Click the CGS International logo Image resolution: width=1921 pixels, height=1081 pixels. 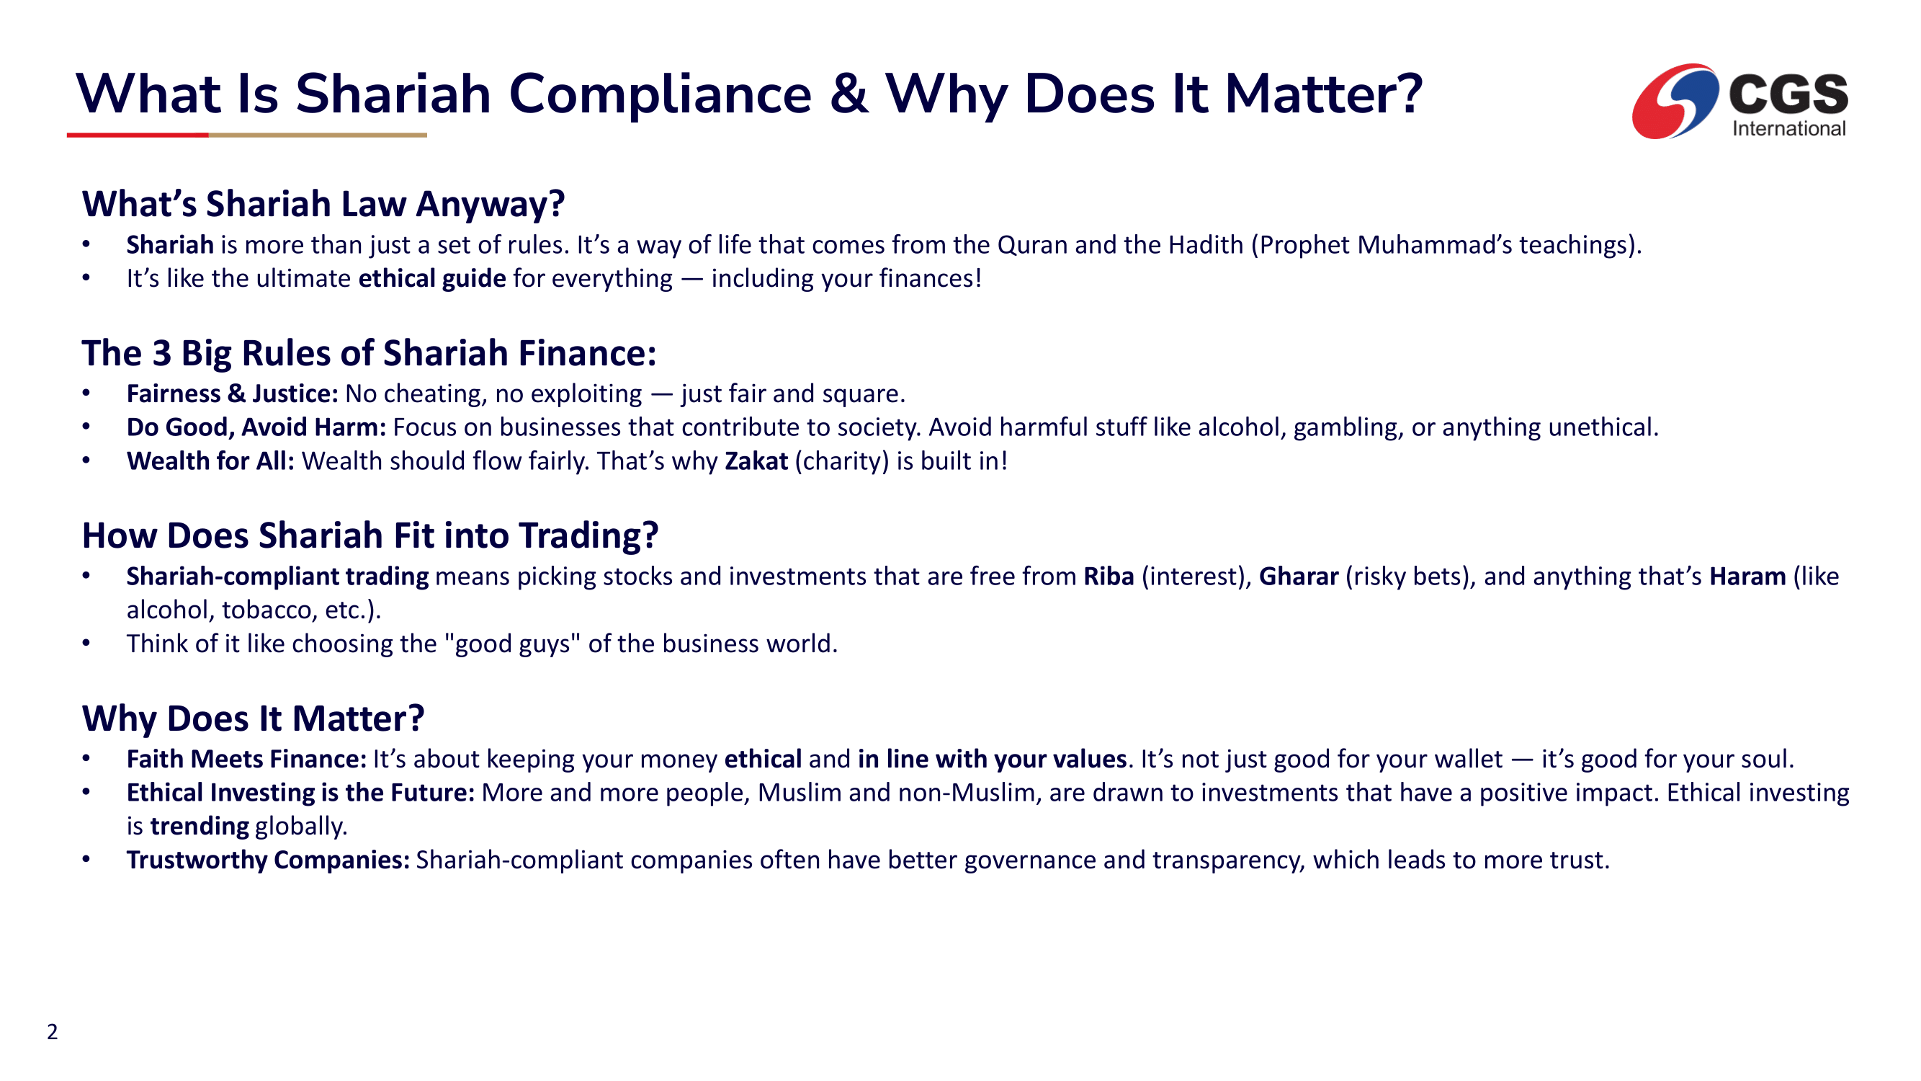coord(1739,102)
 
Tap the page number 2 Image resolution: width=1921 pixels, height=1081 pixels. coord(52,1032)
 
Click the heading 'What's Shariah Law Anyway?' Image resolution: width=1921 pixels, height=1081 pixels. coord(323,204)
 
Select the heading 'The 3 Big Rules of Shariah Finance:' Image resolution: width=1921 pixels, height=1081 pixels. coord(369,353)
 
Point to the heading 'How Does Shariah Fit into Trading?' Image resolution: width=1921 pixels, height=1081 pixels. coord(371,535)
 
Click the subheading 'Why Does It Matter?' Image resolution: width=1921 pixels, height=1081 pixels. coord(254,719)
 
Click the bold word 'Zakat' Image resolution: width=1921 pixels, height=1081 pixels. coord(756,461)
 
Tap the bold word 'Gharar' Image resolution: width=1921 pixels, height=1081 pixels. coord(1299,577)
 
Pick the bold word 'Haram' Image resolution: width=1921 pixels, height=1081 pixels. coord(1747,577)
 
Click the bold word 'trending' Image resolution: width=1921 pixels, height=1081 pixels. coord(199,827)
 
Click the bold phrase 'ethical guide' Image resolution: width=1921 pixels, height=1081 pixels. coord(432,279)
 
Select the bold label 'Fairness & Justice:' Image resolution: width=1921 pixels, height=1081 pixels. coord(233,394)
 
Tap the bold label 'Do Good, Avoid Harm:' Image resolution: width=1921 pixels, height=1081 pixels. coord(256,427)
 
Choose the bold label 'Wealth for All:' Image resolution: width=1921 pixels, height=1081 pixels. coord(211,461)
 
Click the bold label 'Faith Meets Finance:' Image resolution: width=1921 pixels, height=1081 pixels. coord(247,760)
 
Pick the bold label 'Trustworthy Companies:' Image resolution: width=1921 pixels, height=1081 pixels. coord(269,860)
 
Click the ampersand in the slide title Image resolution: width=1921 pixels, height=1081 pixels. coord(848,94)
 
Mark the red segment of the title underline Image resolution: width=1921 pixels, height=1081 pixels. coord(138,135)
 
